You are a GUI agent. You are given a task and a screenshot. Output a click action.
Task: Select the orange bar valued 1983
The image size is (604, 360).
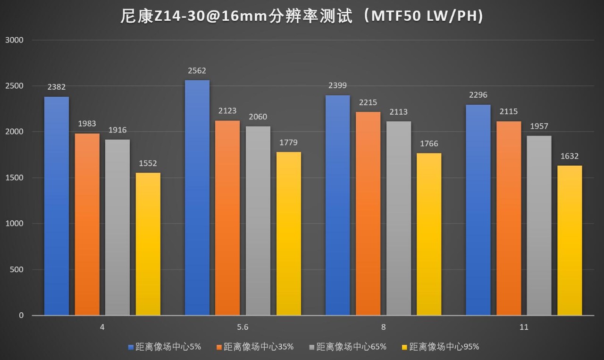87,224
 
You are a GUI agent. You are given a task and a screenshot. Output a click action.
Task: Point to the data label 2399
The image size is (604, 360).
337,85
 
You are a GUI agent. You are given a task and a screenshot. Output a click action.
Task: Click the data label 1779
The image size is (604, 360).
288,142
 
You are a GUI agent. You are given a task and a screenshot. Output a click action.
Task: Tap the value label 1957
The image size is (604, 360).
539,126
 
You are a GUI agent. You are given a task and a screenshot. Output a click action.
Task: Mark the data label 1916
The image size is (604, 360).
117,130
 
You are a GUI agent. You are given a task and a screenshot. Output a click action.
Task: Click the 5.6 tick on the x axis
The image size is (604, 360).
243,327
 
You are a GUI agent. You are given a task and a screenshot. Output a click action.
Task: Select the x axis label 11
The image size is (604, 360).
524,327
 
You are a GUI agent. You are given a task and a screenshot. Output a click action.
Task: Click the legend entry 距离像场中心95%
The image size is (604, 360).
444,347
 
